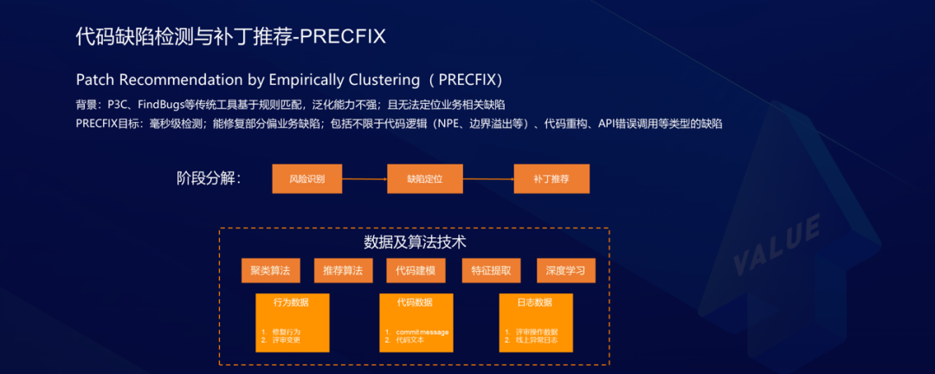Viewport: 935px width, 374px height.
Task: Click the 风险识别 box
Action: click(308, 178)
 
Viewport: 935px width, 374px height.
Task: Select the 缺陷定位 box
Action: click(424, 178)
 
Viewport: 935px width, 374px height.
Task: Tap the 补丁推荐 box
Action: click(551, 178)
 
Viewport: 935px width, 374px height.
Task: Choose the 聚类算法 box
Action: click(270, 270)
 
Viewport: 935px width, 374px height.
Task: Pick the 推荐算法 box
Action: click(343, 270)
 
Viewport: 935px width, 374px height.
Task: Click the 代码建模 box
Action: click(416, 270)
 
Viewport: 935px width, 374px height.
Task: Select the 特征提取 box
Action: click(491, 270)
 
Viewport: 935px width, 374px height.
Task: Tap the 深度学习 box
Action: click(566, 270)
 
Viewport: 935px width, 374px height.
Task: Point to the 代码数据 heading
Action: click(415, 303)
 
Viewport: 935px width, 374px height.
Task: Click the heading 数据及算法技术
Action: click(416, 242)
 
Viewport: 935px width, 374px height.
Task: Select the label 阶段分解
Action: click(208, 179)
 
